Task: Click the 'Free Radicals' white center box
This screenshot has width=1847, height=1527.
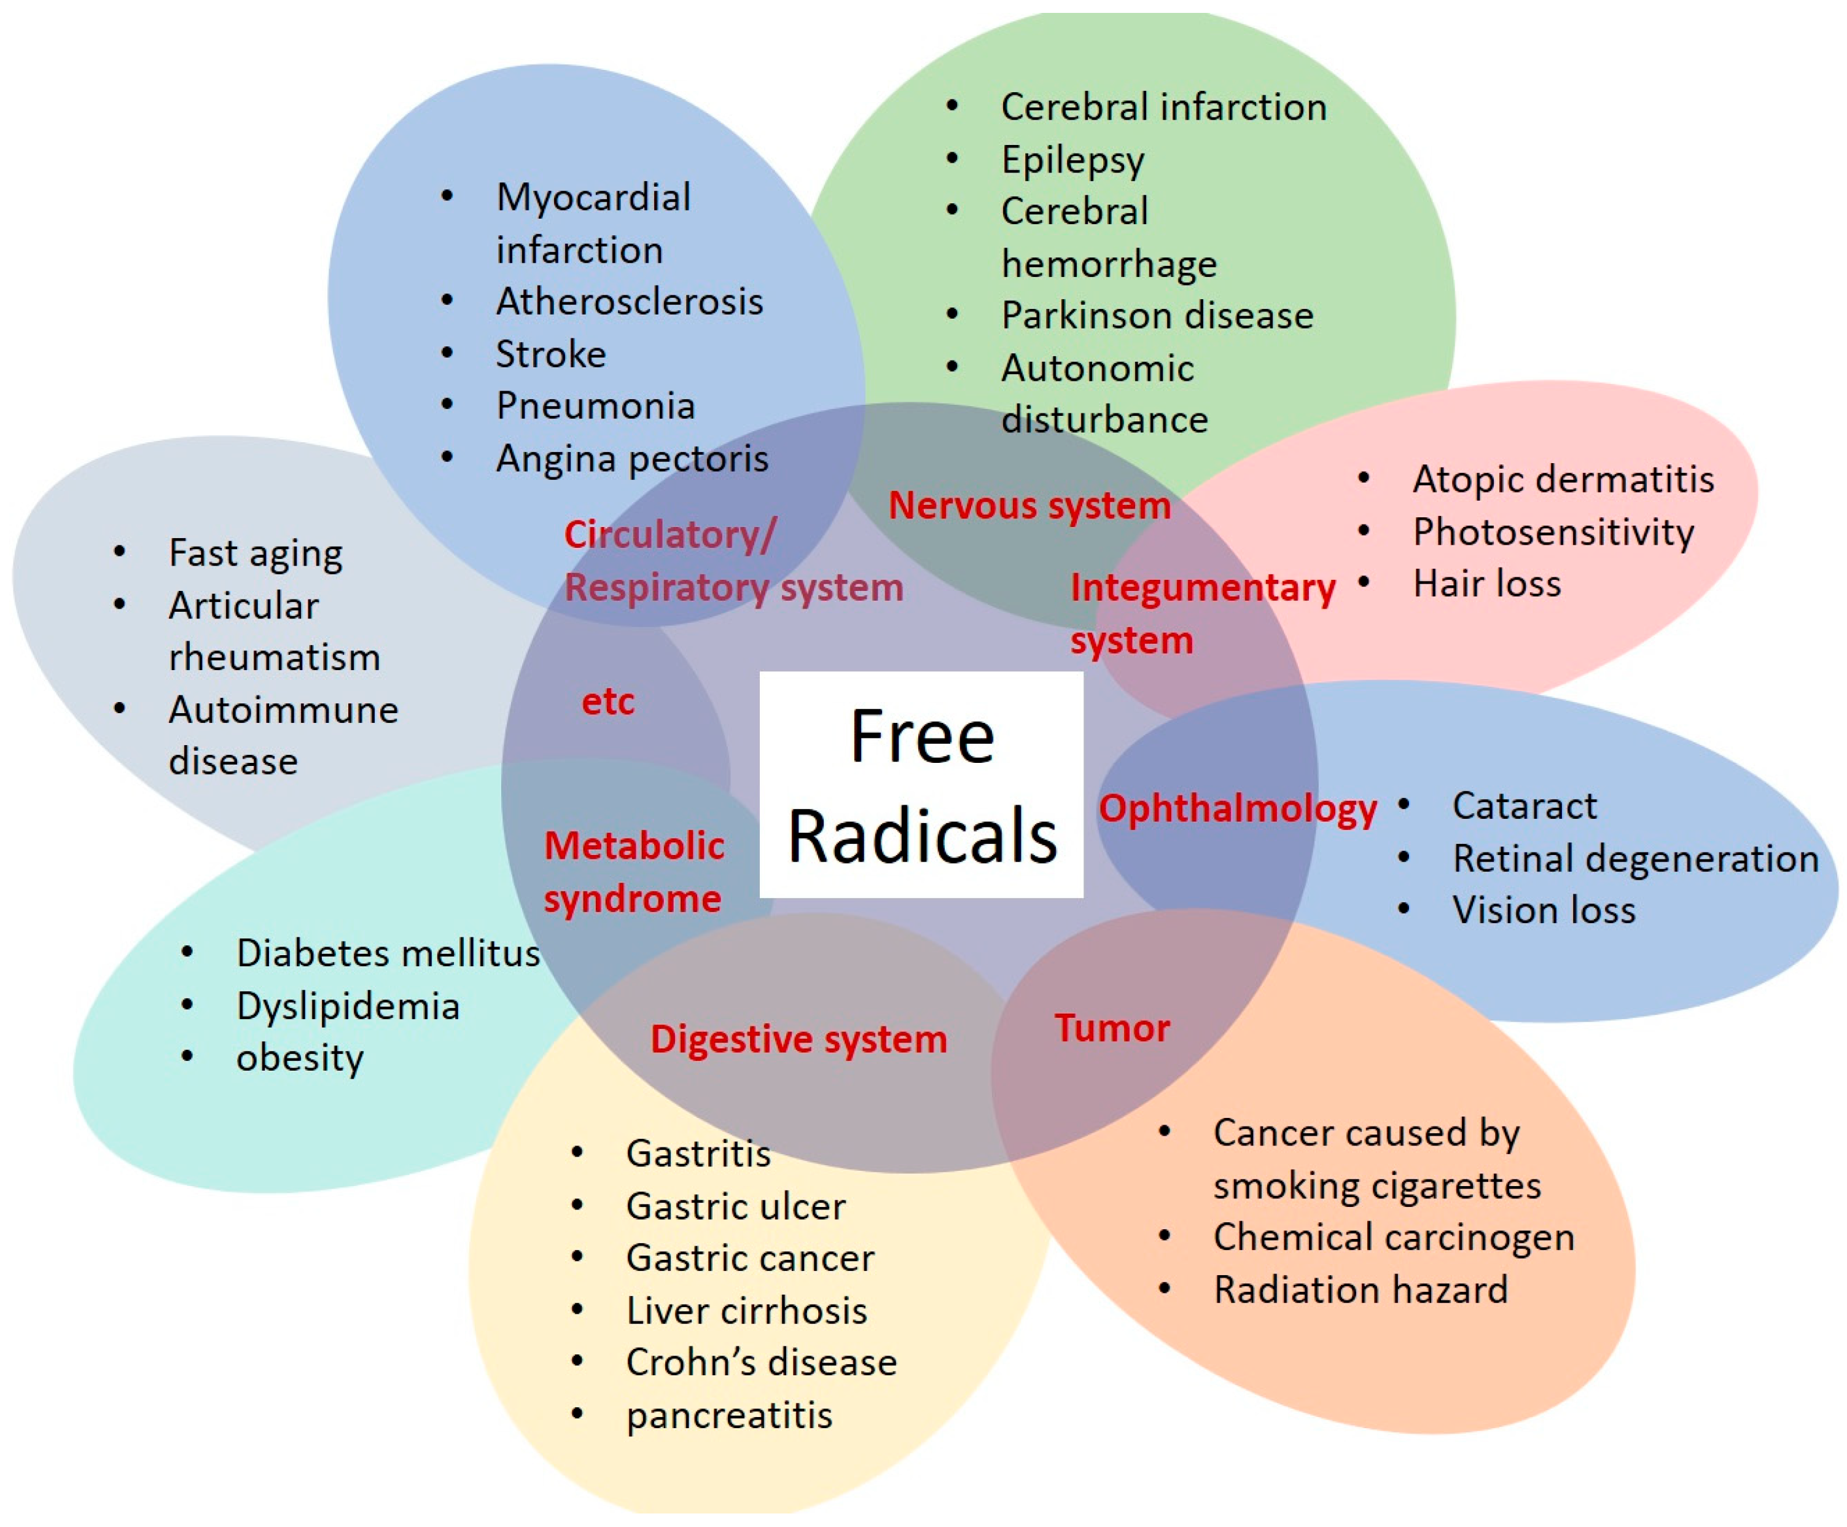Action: point(921,784)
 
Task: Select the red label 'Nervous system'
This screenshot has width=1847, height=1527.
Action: point(1029,506)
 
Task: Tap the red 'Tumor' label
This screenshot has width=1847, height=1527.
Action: point(1112,1028)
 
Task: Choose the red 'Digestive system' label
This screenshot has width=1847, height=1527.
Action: point(799,1039)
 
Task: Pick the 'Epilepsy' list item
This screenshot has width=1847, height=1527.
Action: point(1072,160)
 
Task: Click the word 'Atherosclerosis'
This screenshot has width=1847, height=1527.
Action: point(629,302)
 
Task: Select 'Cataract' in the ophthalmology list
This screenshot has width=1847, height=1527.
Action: point(1524,806)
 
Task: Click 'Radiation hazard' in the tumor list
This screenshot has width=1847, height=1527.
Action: point(1361,1289)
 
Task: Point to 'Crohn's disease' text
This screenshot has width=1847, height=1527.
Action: point(761,1362)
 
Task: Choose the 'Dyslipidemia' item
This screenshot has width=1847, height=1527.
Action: point(348,1006)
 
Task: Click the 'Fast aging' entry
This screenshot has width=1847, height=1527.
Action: point(255,553)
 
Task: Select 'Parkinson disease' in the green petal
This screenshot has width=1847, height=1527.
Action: point(1157,316)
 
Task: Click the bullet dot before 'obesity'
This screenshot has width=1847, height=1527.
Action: point(187,1056)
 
